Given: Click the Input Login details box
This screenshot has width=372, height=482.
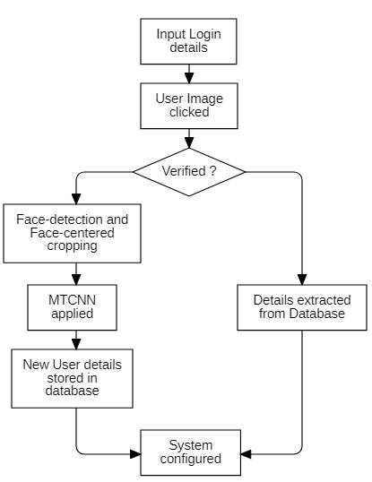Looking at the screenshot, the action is [188, 41].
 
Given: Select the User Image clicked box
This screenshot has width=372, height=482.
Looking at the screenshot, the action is [189, 106].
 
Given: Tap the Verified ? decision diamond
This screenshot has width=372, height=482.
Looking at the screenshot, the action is [189, 172].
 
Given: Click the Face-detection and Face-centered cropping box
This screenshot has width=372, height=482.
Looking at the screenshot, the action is [73, 233].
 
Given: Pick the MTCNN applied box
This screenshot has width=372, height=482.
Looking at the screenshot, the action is [73, 307].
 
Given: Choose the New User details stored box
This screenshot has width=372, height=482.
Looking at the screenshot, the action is [73, 378].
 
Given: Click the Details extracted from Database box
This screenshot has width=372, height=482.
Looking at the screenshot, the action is [302, 307].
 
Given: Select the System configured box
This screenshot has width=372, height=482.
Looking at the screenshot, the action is [191, 452].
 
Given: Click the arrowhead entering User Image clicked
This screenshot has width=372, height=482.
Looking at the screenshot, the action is [189, 78].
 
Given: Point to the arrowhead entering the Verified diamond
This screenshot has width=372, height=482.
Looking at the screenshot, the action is [189, 143].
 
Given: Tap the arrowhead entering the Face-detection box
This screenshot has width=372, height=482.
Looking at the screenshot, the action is [76, 199].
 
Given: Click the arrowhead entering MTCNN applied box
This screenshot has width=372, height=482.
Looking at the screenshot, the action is [76, 280].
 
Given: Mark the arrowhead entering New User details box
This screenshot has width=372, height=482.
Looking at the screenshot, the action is [76, 344].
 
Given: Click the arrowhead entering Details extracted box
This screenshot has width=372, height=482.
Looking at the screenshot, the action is [302, 280].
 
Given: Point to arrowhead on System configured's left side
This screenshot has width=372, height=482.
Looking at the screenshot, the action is [135, 454].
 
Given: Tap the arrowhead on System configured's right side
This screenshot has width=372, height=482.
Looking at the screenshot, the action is [246, 454].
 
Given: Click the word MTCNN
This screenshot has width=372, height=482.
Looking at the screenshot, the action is [73, 300].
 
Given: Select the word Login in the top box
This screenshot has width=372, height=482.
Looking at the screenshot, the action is [204, 35].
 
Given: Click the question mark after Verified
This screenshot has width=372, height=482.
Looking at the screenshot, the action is [213, 171].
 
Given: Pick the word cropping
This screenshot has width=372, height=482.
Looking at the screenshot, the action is [73, 246].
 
